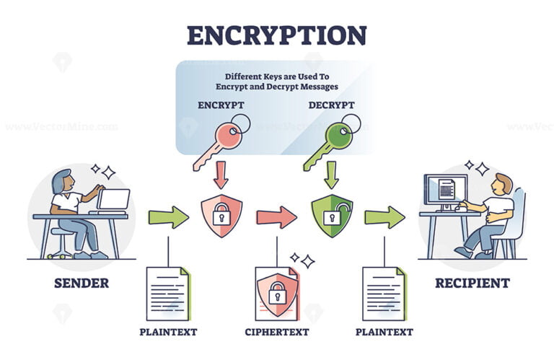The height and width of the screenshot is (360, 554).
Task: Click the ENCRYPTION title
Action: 276,35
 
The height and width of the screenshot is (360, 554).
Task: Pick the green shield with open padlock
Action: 332,215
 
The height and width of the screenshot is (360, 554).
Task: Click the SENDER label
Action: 82,283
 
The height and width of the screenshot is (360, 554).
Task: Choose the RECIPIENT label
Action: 472,283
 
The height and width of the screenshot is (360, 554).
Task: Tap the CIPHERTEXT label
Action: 276,333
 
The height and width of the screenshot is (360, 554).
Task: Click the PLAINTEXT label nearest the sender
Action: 168,333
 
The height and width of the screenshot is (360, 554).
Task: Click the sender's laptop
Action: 113,200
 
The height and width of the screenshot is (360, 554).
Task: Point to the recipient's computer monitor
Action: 441,190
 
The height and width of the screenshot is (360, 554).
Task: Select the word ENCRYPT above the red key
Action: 221,105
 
